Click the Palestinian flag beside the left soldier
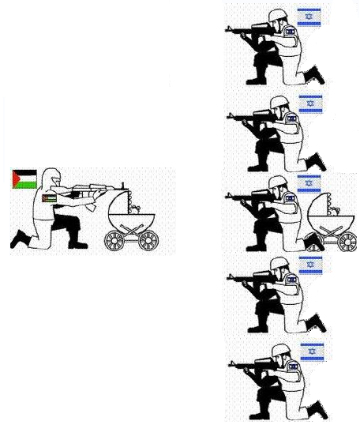[x=25, y=179]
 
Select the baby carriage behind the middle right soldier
[x=332, y=224]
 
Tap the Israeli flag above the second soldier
[x=309, y=103]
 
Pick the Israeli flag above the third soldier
[x=309, y=183]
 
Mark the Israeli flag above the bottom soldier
[x=311, y=350]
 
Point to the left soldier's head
[x=52, y=178]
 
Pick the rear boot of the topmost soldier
[x=316, y=75]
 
